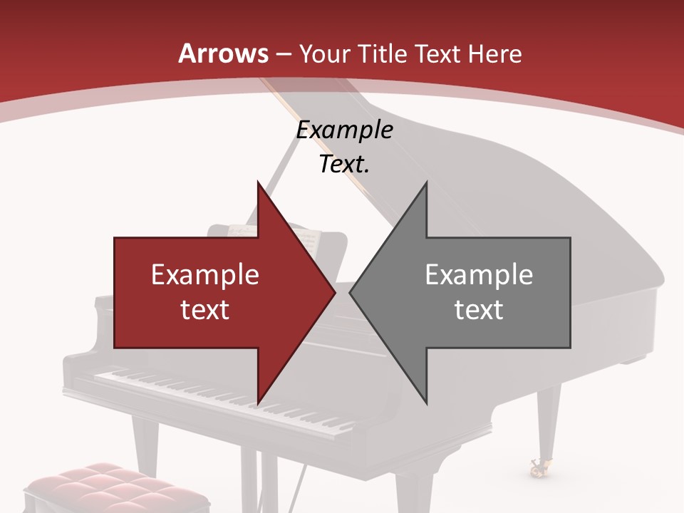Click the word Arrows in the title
point(224,53)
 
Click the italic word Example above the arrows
point(344,130)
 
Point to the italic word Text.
point(344,164)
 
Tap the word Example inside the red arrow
point(205,274)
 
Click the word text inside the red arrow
point(205,309)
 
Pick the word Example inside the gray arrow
point(479,274)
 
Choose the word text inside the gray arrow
point(479,309)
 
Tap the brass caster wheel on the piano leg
point(537,468)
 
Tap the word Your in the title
point(324,53)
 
